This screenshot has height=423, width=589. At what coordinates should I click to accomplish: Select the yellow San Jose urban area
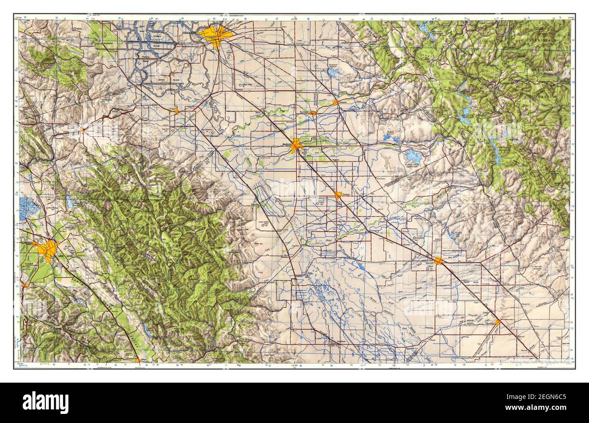click(x=48, y=249)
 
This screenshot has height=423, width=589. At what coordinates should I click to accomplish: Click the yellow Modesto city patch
click(x=297, y=146)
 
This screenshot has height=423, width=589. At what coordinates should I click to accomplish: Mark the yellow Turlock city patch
click(x=338, y=195)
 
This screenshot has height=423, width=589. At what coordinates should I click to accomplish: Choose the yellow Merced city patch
click(x=439, y=260)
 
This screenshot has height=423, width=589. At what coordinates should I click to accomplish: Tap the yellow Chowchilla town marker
click(x=497, y=322)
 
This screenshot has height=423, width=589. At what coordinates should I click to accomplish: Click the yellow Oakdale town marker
click(x=335, y=102)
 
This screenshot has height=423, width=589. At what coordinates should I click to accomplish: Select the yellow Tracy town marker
click(x=177, y=110)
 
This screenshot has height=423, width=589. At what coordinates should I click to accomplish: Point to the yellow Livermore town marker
click(x=83, y=131)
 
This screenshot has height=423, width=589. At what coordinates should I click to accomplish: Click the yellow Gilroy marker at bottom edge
click(x=137, y=360)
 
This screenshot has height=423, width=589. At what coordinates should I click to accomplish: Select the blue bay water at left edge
click(x=28, y=209)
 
